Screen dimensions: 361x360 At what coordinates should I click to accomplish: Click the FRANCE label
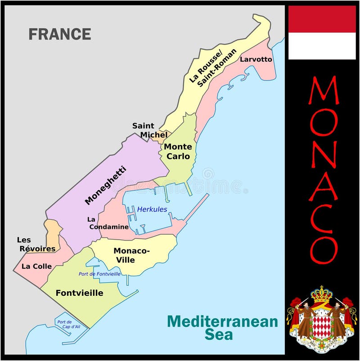pos(60,34)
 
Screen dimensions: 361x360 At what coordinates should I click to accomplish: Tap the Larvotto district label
pos(256,59)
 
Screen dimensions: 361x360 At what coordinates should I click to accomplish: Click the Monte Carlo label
pos(177,152)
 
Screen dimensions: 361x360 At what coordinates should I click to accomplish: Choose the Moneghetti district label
pos(105,186)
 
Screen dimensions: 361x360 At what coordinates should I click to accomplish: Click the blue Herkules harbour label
pos(152,209)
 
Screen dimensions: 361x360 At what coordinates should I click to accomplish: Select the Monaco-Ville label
pos(131,255)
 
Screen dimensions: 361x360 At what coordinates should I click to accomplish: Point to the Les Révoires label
pos(36,244)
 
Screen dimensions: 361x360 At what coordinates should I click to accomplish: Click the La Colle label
pos(36,266)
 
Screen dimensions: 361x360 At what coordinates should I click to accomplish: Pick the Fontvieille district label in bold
pos(79,293)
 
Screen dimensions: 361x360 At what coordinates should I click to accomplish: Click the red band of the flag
pos(322,19)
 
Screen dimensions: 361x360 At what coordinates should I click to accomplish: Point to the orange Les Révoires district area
pos(54,230)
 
